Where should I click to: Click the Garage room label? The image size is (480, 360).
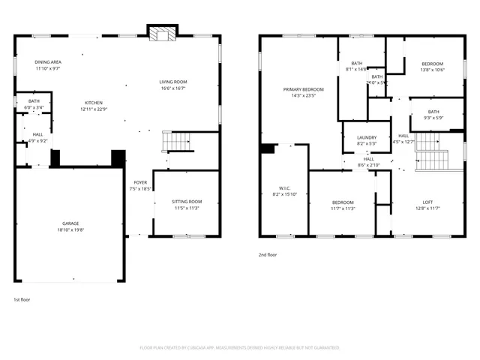70,223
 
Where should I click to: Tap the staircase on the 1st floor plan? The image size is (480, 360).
177,141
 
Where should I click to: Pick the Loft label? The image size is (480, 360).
427,202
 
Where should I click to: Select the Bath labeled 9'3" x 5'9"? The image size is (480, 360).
433,114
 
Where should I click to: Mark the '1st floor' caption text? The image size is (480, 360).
22,299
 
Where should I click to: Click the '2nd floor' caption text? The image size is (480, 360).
268,255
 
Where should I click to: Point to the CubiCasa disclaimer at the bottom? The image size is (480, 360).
239,348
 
